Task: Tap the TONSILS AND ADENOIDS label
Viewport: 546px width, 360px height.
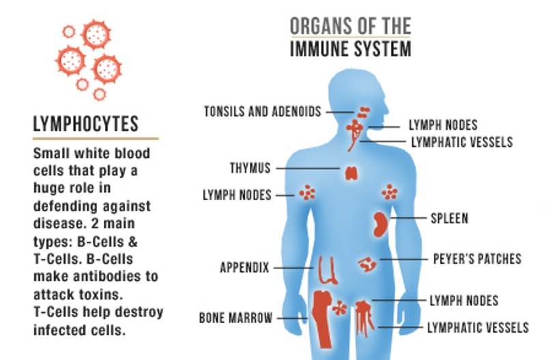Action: (263, 111)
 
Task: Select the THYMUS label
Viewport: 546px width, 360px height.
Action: (250, 167)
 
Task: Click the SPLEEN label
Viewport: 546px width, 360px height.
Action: (449, 219)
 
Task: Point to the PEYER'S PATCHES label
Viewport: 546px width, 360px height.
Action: (477, 259)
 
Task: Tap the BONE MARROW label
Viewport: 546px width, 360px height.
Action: (236, 318)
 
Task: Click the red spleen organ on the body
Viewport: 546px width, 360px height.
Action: (380, 223)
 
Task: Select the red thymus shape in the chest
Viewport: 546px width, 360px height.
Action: (351, 172)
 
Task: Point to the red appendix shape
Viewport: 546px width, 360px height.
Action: (326, 269)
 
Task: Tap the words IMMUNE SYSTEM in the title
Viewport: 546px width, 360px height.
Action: (350, 49)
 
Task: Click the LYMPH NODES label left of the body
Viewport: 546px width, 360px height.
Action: (237, 195)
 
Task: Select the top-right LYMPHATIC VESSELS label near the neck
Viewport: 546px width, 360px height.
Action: (461, 142)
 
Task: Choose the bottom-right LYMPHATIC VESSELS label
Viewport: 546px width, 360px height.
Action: (477, 327)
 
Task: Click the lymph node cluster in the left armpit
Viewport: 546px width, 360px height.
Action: (308, 193)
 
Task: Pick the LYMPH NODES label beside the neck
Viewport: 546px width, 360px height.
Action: (443, 125)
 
